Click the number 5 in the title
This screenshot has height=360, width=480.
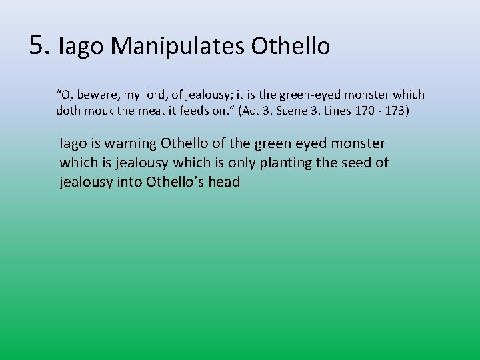pyautogui.click(x=39, y=45)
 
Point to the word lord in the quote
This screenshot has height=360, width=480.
pyautogui.click(x=157, y=95)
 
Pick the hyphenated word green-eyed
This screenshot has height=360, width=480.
pyautogui.click(x=308, y=95)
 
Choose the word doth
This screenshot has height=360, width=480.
pyautogui.click(x=68, y=111)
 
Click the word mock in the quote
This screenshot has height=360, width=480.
pyautogui.click(x=99, y=111)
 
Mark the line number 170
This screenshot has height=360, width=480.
pyautogui.click(x=365, y=111)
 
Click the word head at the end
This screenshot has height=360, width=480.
pyautogui.click(x=224, y=182)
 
